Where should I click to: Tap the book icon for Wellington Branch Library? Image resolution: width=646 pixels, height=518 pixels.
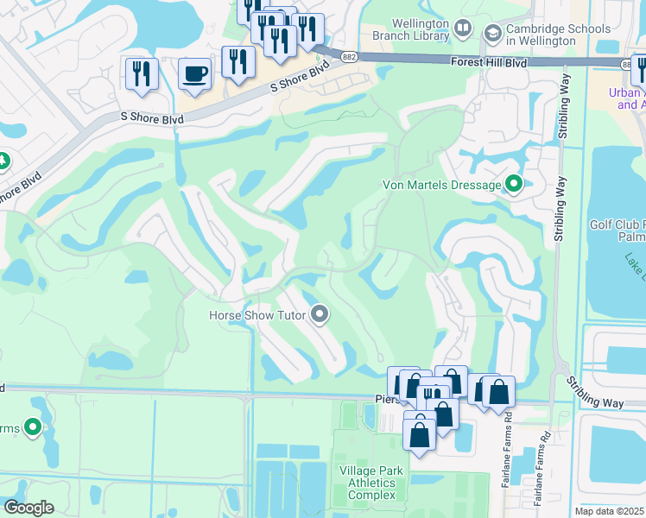coord(463,30)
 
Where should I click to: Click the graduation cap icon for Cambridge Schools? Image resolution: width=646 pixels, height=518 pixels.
coord(493,34)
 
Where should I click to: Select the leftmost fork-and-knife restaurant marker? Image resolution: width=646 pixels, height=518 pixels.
coord(140,73)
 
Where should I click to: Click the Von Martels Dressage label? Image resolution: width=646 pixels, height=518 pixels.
coord(441,185)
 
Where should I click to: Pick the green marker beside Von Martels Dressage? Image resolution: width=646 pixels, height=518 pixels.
coord(515,184)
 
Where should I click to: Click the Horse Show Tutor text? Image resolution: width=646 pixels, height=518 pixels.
coord(257,315)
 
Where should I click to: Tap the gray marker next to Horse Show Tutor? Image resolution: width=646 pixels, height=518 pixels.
coord(320,314)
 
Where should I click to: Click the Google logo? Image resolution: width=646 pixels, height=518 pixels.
coord(28,507)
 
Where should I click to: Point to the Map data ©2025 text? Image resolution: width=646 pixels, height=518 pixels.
coord(610,511)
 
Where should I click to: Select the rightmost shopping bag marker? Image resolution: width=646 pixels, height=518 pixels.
coord(498,391)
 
